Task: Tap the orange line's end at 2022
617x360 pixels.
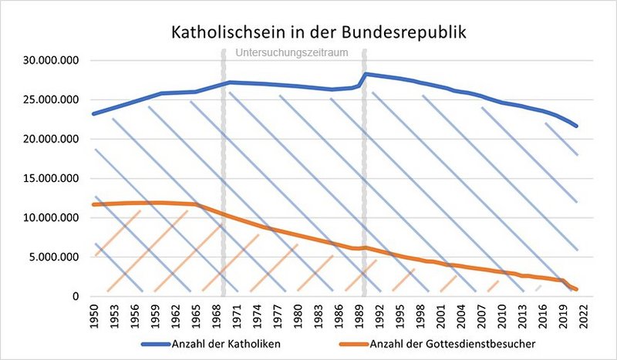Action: pyautogui.click(x=576, y=289)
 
